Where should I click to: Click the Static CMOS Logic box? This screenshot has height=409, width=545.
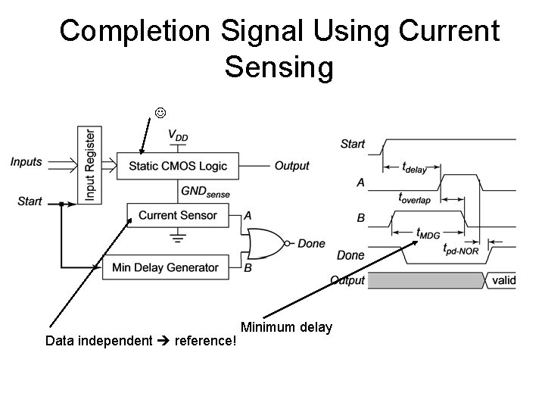(x=177, y=166)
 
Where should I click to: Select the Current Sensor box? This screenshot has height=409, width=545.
(x=177, y=215)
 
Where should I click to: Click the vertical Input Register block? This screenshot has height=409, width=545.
(x=90, y=164)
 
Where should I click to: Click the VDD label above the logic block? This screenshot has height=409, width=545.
(x=179, y=136)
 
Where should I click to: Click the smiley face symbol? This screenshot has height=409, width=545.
(x=160, y=114)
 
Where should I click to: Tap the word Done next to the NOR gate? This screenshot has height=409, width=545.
(x=311, y=243)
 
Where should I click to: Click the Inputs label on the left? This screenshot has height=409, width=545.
(x=26, y=161)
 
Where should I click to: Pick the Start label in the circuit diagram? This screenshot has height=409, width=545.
(x=30, y=201)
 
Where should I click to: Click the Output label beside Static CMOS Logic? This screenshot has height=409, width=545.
(x=291, y=166)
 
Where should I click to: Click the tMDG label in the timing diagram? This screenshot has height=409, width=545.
(x=428, y=234)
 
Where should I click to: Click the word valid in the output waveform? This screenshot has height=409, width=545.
(x=503, y=280)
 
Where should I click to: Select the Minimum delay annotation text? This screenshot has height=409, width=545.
(x=286, y=327)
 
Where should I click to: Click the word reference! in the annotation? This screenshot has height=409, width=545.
(x=206, y=341)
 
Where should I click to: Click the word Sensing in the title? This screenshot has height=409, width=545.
(x=279, y=67)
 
